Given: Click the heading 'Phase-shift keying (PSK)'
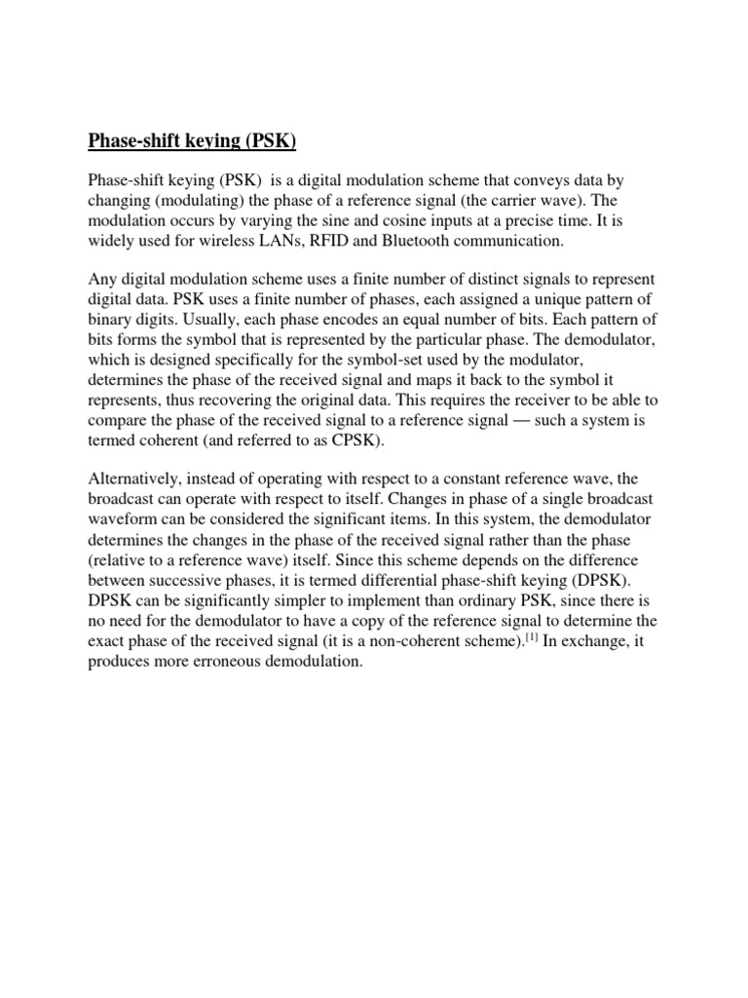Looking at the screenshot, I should click(x=192, y=142).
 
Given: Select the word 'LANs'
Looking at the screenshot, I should click(x=280, y=240).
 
